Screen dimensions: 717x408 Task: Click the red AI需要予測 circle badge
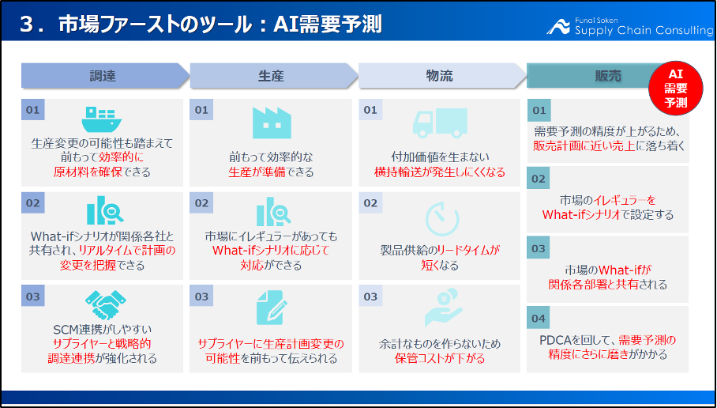tap(675, 88)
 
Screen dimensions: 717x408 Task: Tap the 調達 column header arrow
tap(105, 76)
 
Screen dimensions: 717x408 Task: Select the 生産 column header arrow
tap(274, 76)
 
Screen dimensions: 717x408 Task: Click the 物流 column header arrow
tap(442, 76)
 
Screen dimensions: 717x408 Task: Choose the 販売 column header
tap(595, 76)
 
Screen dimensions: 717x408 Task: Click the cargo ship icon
tap(102, 119)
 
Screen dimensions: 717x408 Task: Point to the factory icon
tap(272, 123)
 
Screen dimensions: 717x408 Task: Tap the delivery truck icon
tap(440, 123)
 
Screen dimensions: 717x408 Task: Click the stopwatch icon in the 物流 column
tap(441, 218)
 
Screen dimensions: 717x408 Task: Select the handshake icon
tap(106, 305)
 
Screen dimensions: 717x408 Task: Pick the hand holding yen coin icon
tap(444, 307)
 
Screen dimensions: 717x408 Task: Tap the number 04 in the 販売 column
tap(539, 318)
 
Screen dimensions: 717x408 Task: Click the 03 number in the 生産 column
tap(201, 297)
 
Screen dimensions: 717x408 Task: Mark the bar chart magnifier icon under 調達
tap(105, 210)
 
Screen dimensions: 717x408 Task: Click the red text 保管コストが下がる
tap(439, 358)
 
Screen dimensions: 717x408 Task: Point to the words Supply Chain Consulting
tap(644, 30)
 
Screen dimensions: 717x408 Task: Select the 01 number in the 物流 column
tap(370, 110)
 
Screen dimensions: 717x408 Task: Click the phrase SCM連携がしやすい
tap(103, 329)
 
